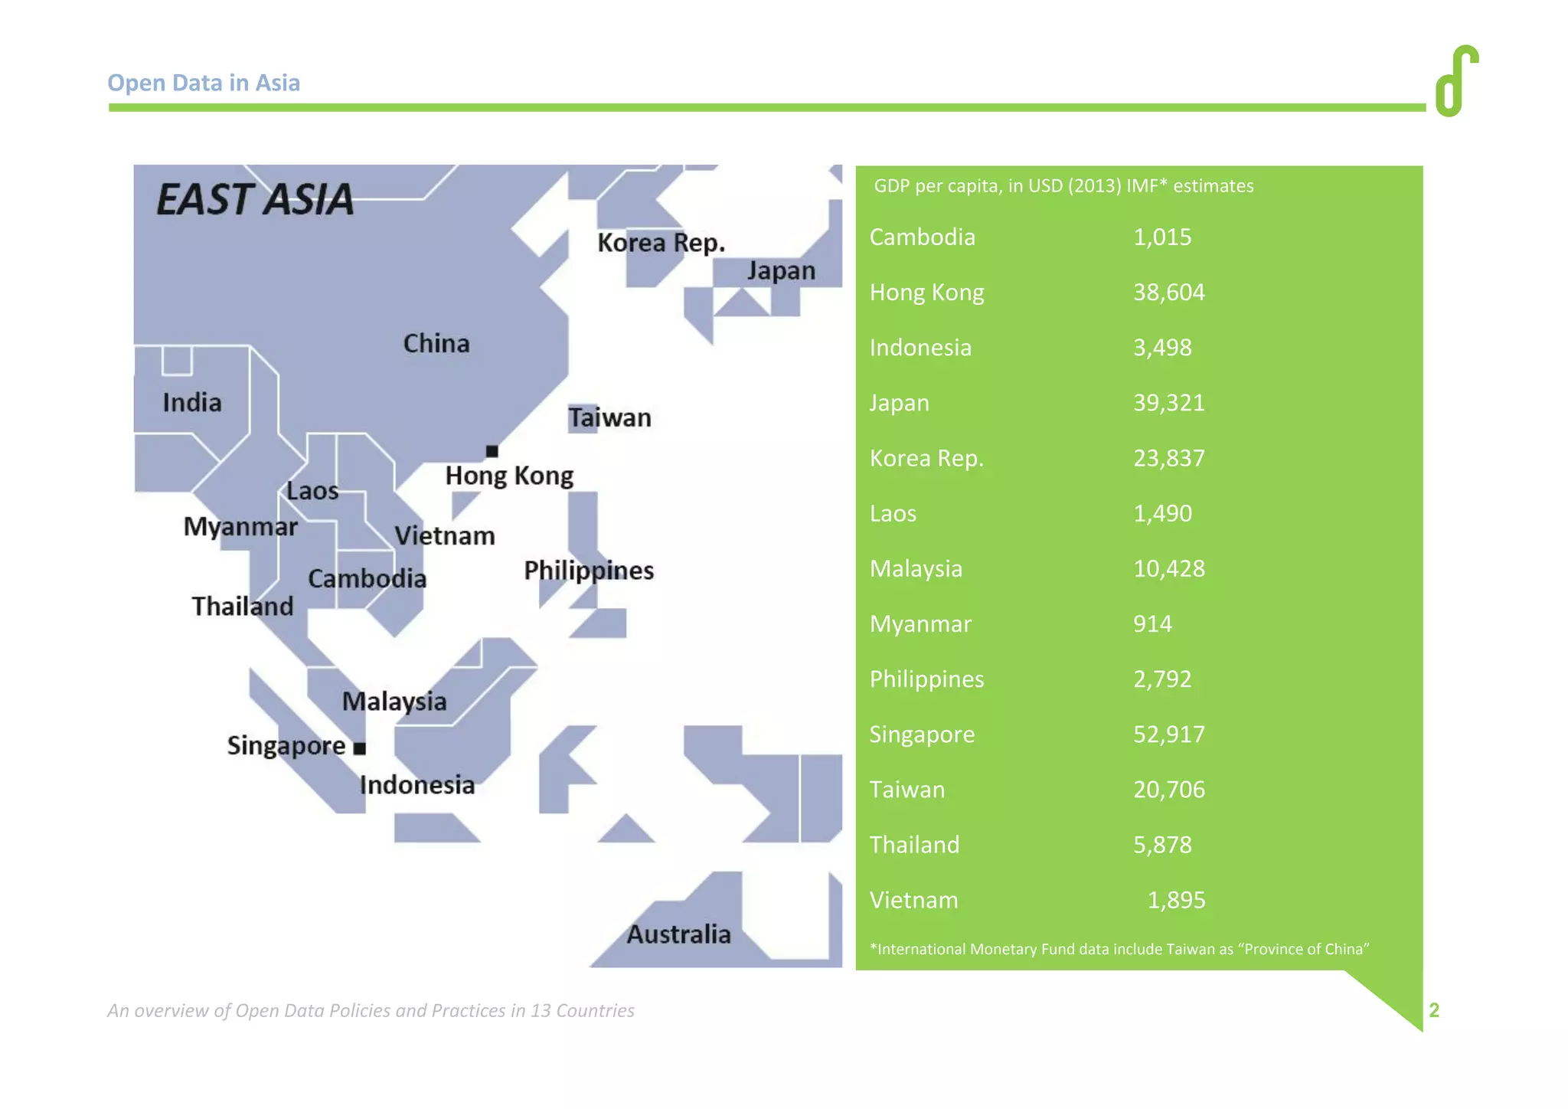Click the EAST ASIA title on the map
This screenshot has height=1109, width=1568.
point(255,199)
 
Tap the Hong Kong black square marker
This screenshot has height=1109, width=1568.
point(492,451)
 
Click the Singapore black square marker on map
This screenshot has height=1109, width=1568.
point(360,748)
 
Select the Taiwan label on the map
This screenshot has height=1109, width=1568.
point(609,418)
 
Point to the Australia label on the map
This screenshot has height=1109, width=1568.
point(678,934)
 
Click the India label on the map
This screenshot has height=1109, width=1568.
point(191,403)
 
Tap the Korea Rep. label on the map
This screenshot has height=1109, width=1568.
point(661,243)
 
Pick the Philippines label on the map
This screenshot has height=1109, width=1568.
point(588,571)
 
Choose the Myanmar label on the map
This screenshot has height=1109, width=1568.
point(240,527)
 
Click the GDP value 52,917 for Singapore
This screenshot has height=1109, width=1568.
point(1168,734)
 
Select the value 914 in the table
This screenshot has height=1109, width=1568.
point(1152,624)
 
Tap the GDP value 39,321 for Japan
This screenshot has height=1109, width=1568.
point(1168,403)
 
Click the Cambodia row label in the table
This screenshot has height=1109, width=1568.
point(922,237)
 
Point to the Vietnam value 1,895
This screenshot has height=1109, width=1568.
point(1176,900)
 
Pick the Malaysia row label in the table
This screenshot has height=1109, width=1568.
point(916,569)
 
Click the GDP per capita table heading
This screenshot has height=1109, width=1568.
point(1063,186)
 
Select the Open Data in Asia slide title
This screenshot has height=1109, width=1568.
point(204,83)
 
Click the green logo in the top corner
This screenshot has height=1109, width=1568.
point(1456,80)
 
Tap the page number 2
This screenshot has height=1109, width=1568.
point(1434,1010)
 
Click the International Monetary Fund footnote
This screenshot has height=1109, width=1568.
point(1119,949)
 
